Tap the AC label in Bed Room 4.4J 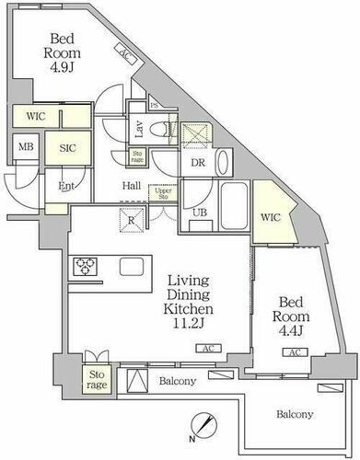295,352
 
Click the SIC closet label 67,145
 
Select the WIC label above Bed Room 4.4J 269,217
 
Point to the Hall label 133,184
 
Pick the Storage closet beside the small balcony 97,379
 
